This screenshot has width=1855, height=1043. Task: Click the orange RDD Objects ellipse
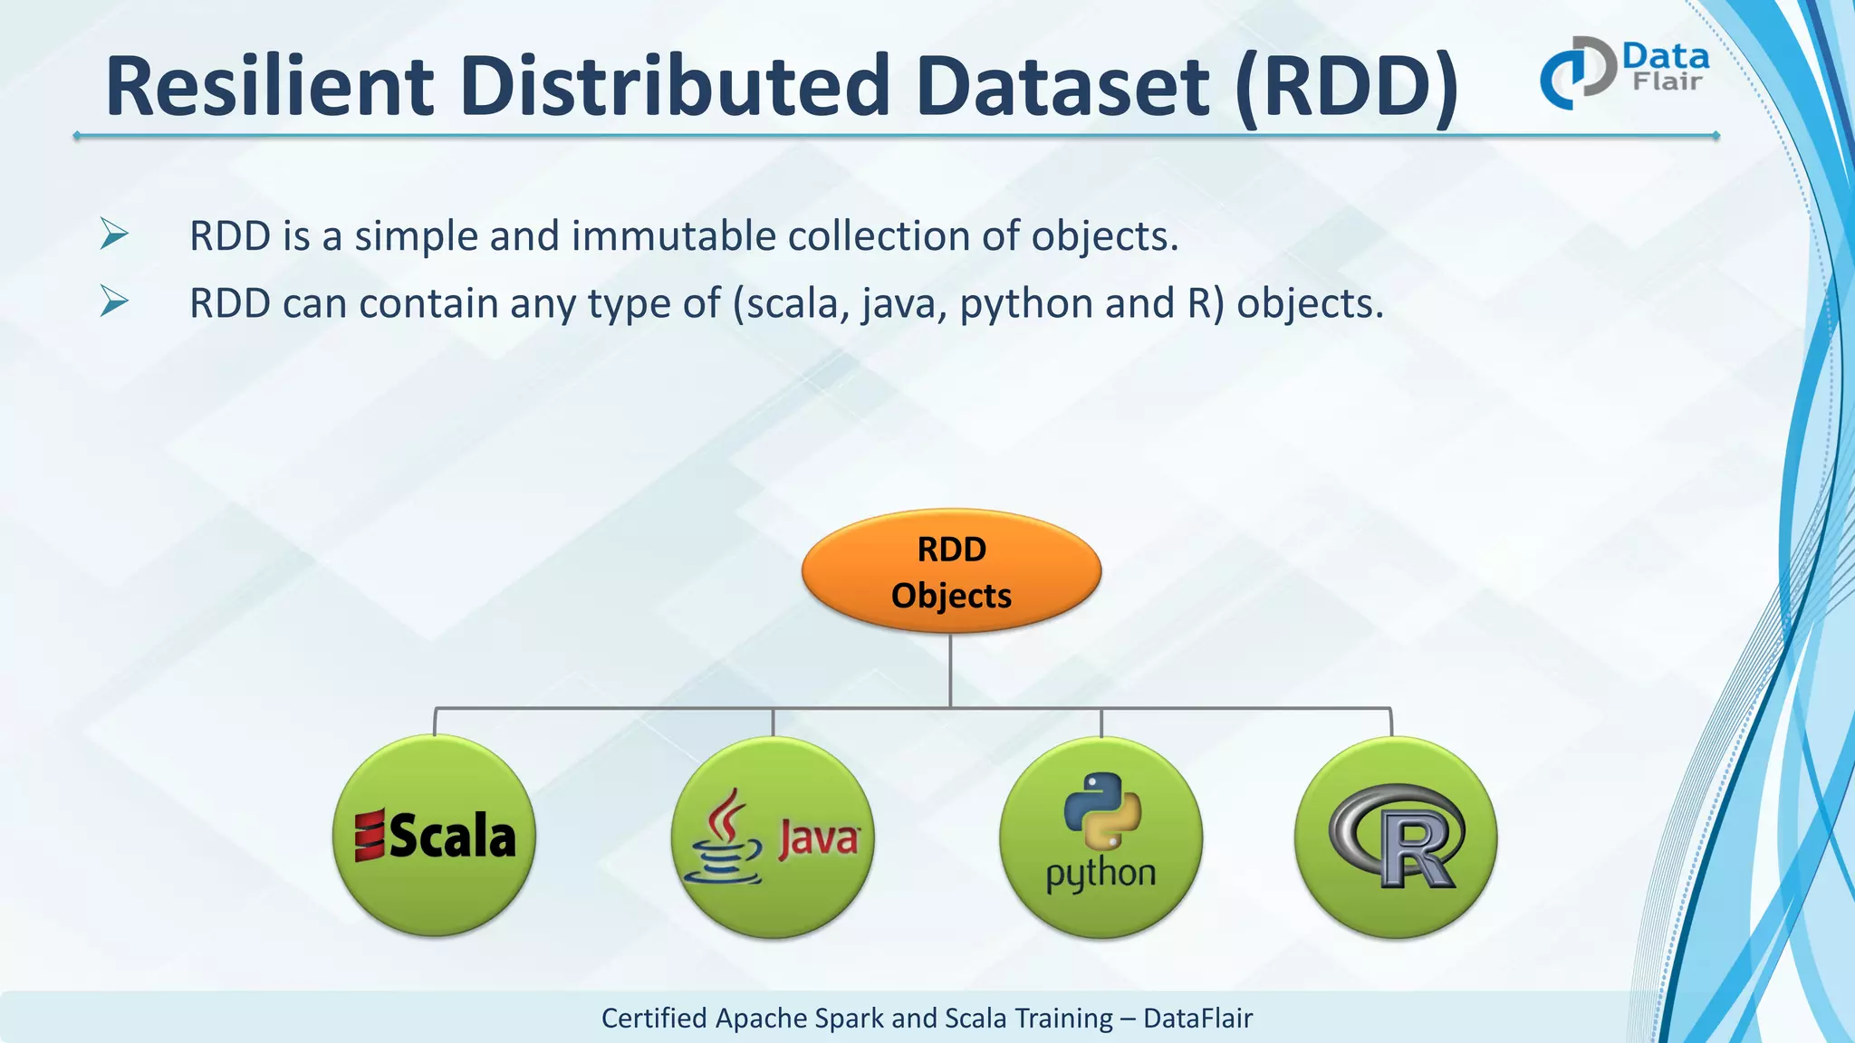[951, 571]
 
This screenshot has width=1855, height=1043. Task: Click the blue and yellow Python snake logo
[1102, 811]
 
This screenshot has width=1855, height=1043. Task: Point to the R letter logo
[1399, 837]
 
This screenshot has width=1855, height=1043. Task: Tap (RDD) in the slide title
[1347, 88]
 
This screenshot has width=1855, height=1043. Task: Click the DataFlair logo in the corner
[1624, 72]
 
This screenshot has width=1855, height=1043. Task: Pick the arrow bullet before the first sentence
[114, 234]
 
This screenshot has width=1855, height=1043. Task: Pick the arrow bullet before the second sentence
[114, 301]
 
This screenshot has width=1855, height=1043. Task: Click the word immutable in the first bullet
[673, 236]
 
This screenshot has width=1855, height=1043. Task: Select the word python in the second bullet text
[1026, 304]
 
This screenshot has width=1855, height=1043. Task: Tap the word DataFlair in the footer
[1197, 1019]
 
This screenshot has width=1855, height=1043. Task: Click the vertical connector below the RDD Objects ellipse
[950, 670]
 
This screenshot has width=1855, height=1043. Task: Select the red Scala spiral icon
[370, 836]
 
